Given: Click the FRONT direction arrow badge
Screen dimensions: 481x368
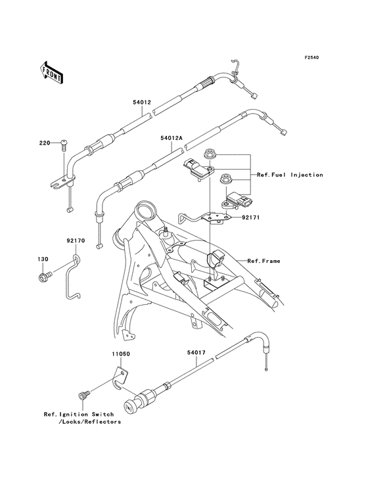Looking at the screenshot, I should (52, 72).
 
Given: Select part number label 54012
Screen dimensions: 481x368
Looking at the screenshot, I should (142, 103).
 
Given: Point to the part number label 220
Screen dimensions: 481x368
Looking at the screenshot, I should (44, 143).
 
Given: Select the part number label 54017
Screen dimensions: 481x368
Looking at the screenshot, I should (197, 353).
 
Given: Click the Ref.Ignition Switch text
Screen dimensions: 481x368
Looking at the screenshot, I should (79, 415).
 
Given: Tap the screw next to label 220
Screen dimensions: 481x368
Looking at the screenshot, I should (64, 145).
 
